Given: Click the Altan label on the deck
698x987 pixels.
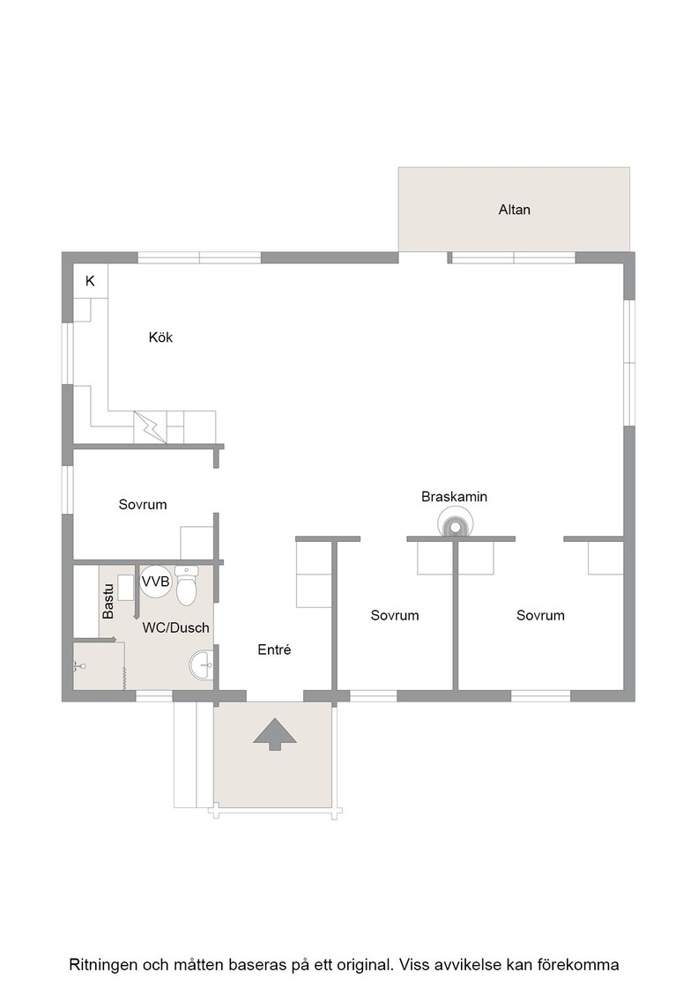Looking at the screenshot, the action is point(514,210).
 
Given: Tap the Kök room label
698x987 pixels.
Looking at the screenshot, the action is point(160,338).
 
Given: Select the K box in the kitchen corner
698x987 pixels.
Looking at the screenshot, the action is point(90,281).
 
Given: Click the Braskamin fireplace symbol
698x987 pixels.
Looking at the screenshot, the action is point(455,525).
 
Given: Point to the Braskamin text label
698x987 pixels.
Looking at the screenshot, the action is point(455,497).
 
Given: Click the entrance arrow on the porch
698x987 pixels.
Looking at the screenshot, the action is point(274,733).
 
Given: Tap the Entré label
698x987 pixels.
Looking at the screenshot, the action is point(274,649).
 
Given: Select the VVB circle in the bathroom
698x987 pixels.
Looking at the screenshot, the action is point(155,582).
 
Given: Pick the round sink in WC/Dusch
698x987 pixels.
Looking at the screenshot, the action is point(202,664).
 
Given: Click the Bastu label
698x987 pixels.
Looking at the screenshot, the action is point(108,601).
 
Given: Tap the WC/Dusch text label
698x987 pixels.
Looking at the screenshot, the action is point(175,627).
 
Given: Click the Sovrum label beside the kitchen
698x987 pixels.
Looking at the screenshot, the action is point(143,504).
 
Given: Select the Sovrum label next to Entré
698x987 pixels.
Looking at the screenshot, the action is point(395,615).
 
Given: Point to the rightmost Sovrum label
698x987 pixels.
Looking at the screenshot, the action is point(540,615).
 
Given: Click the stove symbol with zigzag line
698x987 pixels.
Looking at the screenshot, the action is point(150,427).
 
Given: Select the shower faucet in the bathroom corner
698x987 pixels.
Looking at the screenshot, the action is point(78,665).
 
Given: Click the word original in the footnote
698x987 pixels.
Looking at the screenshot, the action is point(368,965).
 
